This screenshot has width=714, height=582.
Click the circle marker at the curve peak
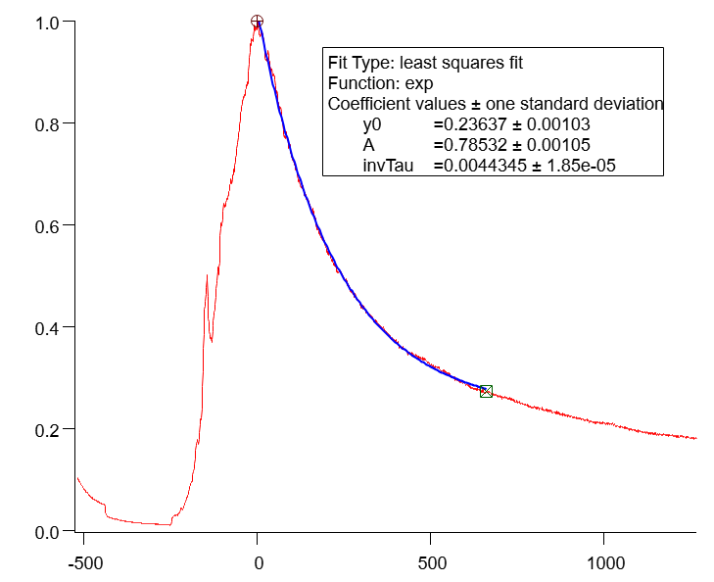tap(257, 22)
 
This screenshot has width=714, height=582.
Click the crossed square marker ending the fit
tap(486, 391)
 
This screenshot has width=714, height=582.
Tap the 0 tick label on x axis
tap(258, 564)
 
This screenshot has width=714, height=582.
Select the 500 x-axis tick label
tap(431, 564)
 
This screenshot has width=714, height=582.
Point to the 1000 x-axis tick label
tap(604, 564)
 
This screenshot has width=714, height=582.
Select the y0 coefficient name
tap(372, 124)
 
